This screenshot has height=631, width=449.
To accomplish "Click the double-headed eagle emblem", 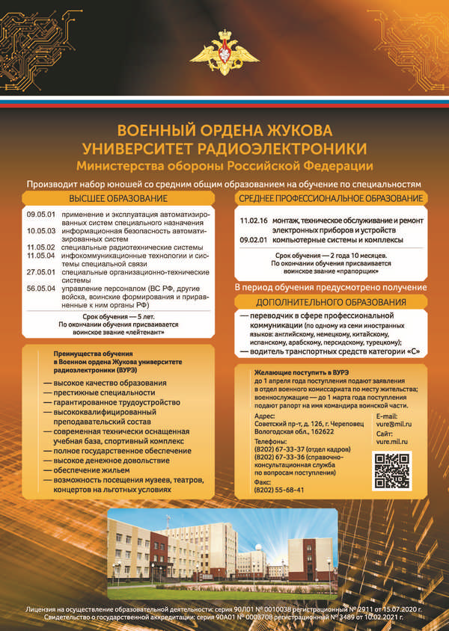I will point(224,51).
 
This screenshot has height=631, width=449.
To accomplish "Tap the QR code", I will point(391,471).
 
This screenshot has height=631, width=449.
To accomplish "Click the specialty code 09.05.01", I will point(37,215).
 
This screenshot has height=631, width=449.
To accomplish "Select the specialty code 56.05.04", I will point(37,287).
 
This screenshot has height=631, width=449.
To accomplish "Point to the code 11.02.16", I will point(253,221).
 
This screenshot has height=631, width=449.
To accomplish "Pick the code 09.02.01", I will point(253,240).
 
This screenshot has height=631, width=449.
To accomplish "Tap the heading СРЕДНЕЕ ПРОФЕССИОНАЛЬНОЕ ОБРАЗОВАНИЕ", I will point(330,198).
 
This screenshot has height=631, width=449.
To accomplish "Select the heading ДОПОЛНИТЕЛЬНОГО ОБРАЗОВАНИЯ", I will point(331,302).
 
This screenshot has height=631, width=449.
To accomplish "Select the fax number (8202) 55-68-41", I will point(279,490).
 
